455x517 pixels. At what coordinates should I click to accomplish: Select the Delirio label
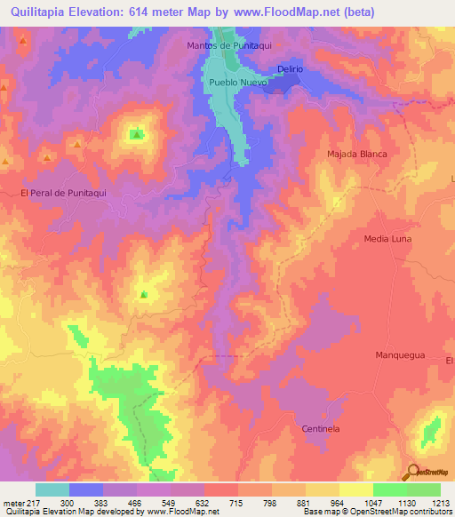pyautogui.click(x=291, y=68)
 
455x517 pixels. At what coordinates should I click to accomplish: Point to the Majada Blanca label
pyautogui.click(x=357, y=154)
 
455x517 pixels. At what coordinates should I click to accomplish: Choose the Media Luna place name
pyautogui.click(x=389, y=239)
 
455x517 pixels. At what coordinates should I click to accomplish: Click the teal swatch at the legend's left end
pyautogui.click(x=52, y=489)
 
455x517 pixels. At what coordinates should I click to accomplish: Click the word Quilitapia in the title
pyautogui.click(x=42, y=12)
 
